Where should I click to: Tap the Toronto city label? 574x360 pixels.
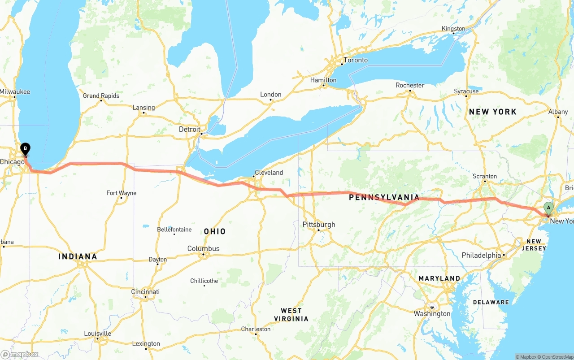[355, 60]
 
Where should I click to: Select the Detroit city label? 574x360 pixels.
[190, 129]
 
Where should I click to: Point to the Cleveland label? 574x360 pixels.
[269, 173]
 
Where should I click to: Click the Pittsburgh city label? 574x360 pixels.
[318, 225]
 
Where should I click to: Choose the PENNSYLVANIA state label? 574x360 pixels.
[384, 197]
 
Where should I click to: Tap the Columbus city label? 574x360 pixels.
[203, 249]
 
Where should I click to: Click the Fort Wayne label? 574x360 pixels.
[121, 193]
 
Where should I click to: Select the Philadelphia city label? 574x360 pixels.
[481, 255]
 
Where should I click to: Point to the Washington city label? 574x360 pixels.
[432, 314]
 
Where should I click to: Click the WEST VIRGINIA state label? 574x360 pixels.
[291, 315]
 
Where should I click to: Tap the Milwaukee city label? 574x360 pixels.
[15, 92]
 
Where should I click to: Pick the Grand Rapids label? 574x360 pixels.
[101, 96]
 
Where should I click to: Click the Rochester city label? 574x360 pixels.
[409, 85]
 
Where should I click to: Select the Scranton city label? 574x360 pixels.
[484, 176]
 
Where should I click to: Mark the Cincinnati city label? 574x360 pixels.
[145, 292]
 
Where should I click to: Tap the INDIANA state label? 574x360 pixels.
[78, 257]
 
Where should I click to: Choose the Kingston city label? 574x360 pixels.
[453, 29]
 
